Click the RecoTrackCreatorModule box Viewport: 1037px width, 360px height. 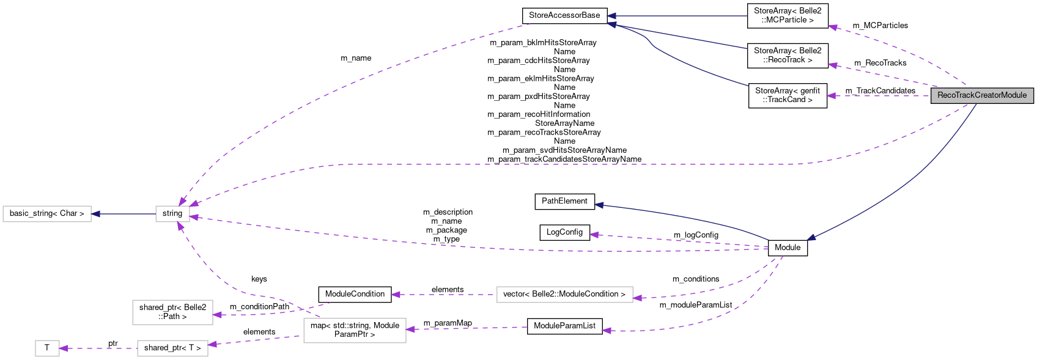pyautogui.click(x=982, y=95)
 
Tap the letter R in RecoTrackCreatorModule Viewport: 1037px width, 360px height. pyautogui.click(x=940, y=95)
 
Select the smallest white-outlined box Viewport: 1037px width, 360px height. pyautogui.click(x=47, y=348)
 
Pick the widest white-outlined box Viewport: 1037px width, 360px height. pyautogui.click(x=564, y=295)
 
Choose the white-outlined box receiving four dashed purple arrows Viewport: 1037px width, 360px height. pyautogui.click(x=172, y=214)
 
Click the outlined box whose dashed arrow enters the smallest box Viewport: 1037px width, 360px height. pyautogui.click(x=172, y=348)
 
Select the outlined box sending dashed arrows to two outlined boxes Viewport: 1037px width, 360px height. pyautogui.click(x=355, y=331)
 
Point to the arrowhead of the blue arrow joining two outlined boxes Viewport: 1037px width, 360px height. pyautogui.click(x=95, y=214)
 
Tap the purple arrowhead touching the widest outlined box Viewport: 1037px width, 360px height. pyautogui.click(x=638, y=298)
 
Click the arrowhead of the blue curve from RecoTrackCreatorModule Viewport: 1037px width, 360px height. pyautogui.click(x=811, y=238)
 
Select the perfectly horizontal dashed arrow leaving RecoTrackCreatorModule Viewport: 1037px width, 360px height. pyautogui.click(x=880, y=96)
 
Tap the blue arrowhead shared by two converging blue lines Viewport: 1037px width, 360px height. pyautogui.click(x=611, y=24)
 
